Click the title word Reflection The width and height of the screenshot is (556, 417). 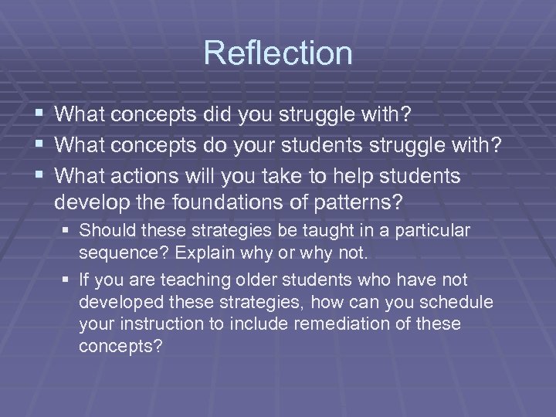click(x=278, y=53)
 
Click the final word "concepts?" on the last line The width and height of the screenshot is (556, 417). click(x=120, y=345)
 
